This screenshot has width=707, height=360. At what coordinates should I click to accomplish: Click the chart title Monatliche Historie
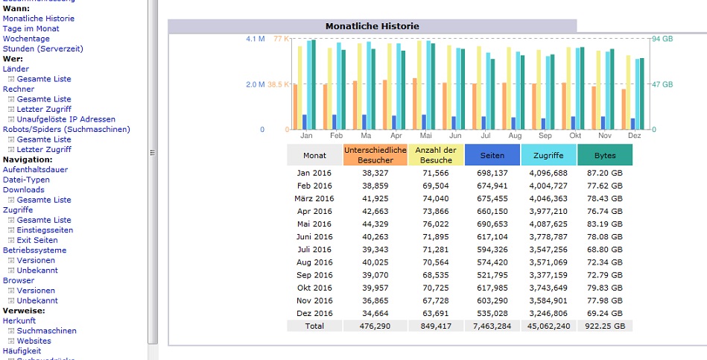[372, 26]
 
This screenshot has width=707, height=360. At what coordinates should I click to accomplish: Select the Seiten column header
[492, 155]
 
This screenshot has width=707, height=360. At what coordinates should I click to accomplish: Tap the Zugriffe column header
[548, 155]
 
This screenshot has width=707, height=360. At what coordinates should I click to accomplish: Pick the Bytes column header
[605, 155]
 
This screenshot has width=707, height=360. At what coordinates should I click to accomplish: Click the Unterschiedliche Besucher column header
[375, 155]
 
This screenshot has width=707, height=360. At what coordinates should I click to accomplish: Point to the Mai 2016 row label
[314, 224]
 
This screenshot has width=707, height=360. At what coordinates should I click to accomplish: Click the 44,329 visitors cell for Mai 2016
[375, 224]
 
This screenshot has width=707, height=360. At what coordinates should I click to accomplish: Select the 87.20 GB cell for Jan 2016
[605, 173]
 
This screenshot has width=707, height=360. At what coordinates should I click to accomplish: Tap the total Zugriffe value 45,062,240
[548, 326]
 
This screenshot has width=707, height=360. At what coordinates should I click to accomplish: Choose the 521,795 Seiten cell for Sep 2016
[492, 275]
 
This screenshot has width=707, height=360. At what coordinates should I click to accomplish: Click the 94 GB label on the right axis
[663, 39]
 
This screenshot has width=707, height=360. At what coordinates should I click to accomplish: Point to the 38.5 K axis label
[278, 84]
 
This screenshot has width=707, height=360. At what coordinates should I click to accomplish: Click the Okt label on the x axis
[575, 136]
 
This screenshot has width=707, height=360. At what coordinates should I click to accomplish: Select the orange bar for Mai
[414, 104]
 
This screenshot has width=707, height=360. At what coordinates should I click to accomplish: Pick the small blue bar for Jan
[305, 121]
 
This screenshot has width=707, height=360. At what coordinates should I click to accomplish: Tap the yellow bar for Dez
[628, 92]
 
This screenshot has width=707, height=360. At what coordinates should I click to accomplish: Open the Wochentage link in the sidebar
[26, 39]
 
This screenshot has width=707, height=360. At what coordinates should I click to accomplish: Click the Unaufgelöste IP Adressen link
[66, 119]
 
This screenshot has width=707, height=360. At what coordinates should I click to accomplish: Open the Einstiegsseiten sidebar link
[45, 230]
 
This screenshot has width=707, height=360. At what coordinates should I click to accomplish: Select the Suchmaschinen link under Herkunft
[46, 331]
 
